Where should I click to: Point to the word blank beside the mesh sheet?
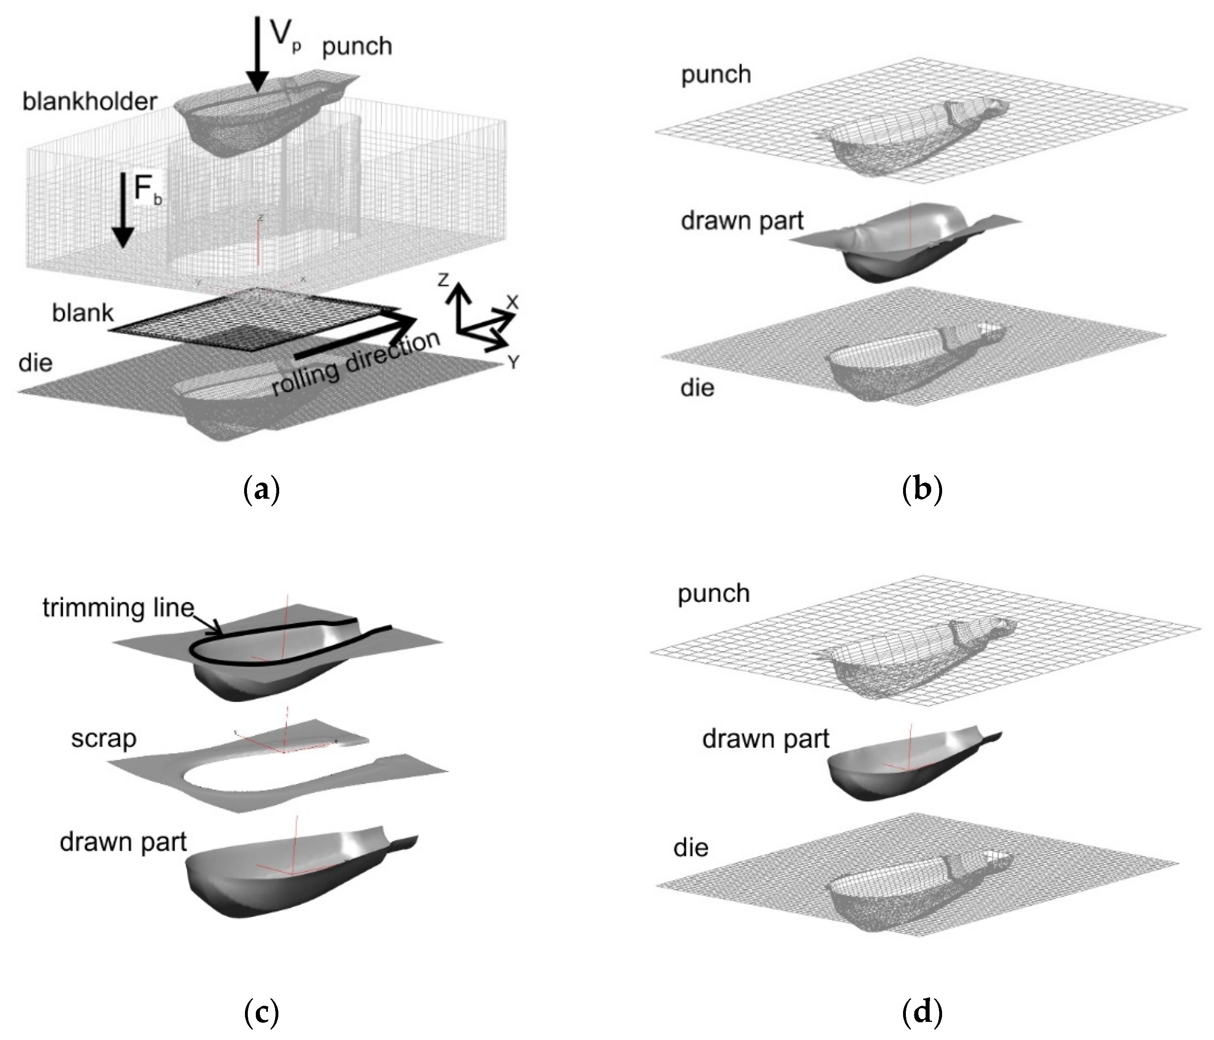click(x=82, y=313)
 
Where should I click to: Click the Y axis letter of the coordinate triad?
click(x=513, y=363)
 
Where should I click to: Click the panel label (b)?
click(x=922, y=488)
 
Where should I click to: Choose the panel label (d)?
click(x=922, y=1013)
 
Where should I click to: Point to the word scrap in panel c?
click(x=104, y=739)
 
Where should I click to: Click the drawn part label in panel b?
click(x=742, y=222)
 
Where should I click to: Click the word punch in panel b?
click(x=715, y=75)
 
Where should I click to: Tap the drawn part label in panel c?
click(x=123, y=842)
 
